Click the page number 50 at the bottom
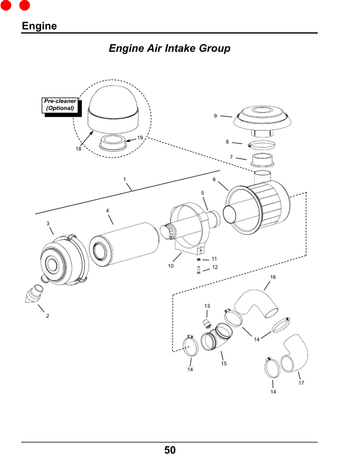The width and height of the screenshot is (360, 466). (x=170, y=450)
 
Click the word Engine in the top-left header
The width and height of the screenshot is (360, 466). (x=39, y=26)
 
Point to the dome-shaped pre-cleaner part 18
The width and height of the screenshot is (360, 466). (x=113, y=110)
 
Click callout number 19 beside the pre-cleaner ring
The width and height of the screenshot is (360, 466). (x=140, y=138)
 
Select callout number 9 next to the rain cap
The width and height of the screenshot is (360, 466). (x=215, y=116)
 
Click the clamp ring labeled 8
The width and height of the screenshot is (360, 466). (x=261, y=145)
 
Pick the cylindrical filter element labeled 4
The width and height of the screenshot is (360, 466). (x=124, y=244)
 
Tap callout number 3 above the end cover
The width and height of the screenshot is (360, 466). (x=48, y=224)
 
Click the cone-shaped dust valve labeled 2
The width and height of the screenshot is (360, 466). (x=34, y=294)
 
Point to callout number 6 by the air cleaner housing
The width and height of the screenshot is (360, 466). (x=214, y=179)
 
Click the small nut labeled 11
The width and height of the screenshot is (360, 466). (x=198, y=259)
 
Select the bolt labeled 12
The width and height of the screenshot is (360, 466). (x=199, y=270)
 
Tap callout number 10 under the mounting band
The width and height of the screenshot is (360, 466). (x=171, y=266)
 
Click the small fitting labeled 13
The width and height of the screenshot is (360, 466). (x=206, y=323)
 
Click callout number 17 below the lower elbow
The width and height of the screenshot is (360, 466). (x=301, y=383)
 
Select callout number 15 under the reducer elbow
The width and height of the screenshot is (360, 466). (x=224, y=363)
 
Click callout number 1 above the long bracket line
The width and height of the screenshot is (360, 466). (x=125, y=179)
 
